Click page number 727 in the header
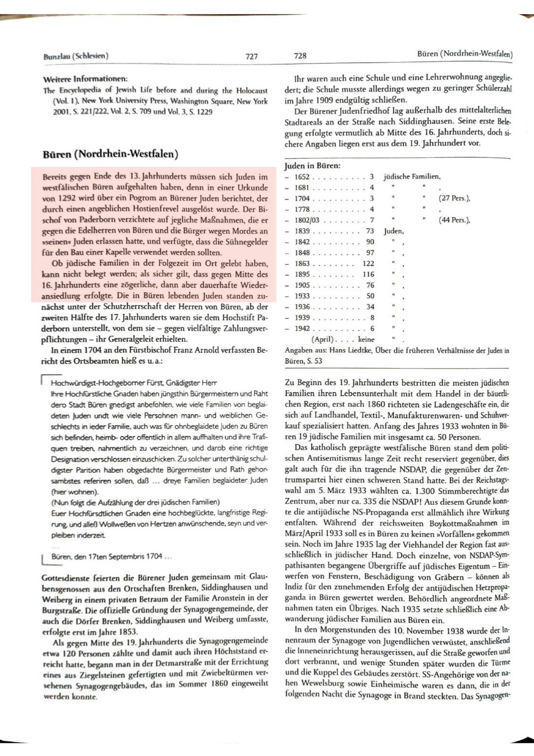click(x=252, y=56)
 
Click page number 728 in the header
click(x=300, y=56)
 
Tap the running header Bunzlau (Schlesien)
click(x=76, y=56)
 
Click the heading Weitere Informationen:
click(x=85, y=78)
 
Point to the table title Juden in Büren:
click(x=313, y=166)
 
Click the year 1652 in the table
click(x=302, y=177)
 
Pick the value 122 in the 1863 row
click(x=368, y=264)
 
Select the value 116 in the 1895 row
click(x=368, y=275)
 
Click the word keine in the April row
click(x=366, y=340)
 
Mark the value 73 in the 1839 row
click(x=370, y=231)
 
